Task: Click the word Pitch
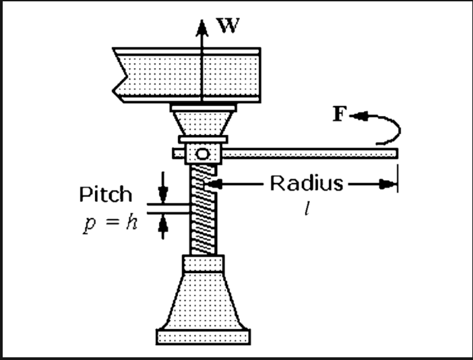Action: [106, 195]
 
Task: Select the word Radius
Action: [307, 183]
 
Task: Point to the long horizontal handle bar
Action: [310, 154]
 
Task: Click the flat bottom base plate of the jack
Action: [203, 334]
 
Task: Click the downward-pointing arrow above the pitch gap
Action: [162, 183]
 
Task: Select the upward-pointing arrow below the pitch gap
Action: [162, 227]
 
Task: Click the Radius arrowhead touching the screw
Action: [214, 183]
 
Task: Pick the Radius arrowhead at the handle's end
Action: [388, 183]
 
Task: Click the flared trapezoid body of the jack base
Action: [202, 300]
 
